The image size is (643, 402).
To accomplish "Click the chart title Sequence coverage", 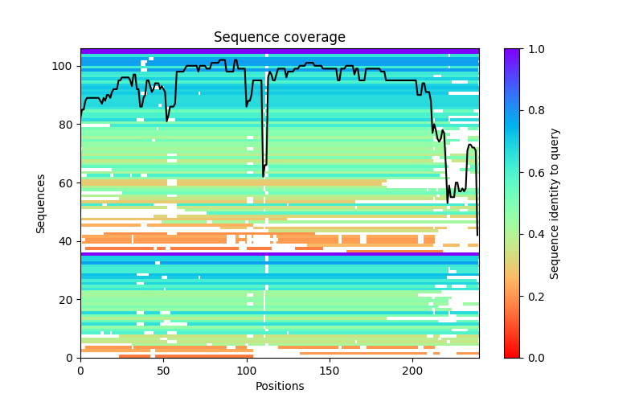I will [279, 38].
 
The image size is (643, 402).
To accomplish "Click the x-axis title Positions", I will [279, 386].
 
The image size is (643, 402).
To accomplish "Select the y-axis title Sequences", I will [41, 203].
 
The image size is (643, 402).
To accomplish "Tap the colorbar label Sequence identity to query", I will [555, 203].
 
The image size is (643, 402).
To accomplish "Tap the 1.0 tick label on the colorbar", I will [532, 49].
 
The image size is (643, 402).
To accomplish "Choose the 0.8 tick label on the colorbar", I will [532, 111].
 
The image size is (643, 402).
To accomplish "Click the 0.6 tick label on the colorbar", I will [532, 172].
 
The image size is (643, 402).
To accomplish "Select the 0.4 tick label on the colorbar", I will [532, 234].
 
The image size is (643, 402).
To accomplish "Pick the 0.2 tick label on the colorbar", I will [532, 296].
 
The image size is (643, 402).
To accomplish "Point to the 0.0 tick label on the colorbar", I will [532, 357].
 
